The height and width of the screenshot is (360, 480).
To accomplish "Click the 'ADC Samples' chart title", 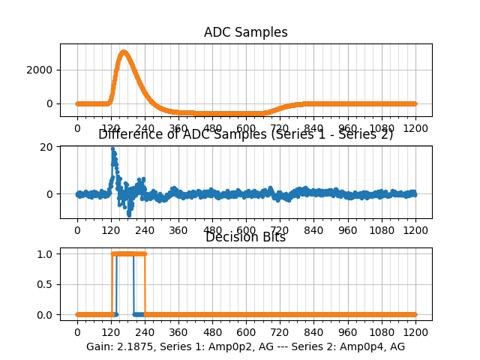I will pyautogui.click(x=245, y=32).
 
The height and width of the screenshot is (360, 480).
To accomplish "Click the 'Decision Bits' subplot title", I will pyautogui.click(x=245, y=237).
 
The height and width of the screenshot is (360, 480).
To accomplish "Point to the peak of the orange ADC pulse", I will pyautogui.click(x=124, y=52).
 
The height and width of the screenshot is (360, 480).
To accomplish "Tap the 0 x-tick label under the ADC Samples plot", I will pyautogui.click(x=76, y=128).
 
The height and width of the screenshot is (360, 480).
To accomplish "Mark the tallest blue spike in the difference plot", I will pyautogui.click(x=112, y=148).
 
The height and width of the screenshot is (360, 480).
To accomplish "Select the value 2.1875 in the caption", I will pyautogui.click(x=137, y=346).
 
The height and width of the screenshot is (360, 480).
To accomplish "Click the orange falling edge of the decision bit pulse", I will pyautogui.click(x=145, y=284).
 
